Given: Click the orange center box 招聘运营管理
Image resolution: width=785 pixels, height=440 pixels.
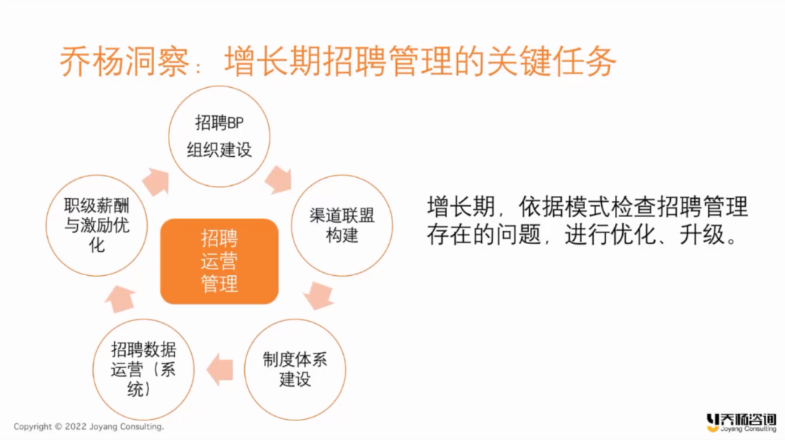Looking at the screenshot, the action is [220, 261].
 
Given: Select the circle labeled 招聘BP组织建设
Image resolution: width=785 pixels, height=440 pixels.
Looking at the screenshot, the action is [220, 86].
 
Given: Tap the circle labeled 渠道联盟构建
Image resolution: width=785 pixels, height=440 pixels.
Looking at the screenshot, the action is [342, 175].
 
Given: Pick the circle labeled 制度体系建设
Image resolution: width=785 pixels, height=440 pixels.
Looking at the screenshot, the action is [295, 319].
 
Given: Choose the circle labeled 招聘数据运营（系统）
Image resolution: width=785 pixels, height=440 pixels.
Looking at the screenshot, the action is [143, 319].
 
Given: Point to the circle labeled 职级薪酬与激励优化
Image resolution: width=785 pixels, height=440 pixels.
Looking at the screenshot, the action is [97, 175].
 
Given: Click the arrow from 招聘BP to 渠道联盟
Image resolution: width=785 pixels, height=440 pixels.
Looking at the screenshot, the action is [279, 179].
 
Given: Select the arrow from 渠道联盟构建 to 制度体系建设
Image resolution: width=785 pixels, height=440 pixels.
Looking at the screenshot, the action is [318, 295].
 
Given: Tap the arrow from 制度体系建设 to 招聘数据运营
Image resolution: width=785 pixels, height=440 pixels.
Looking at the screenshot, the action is [220, 370].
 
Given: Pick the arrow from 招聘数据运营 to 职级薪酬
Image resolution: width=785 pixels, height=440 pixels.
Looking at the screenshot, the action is [120, 298].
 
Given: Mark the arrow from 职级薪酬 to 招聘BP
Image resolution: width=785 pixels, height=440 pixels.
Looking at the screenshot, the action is [156, 182].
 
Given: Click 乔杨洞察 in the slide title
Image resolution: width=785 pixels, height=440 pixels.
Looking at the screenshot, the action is [124, 62].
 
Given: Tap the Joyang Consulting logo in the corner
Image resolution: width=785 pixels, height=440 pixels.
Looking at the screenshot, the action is [741, 423].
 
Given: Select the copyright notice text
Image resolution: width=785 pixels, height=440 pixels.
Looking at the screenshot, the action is [89, 426].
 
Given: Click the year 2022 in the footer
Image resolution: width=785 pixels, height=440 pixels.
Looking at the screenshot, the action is [76, 426].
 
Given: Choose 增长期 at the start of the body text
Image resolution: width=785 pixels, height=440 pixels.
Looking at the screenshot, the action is [461, 206].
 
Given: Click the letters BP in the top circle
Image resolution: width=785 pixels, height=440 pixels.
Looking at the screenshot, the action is [235, 123].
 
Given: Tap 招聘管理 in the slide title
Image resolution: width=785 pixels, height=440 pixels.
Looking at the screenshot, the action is [387, 62].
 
